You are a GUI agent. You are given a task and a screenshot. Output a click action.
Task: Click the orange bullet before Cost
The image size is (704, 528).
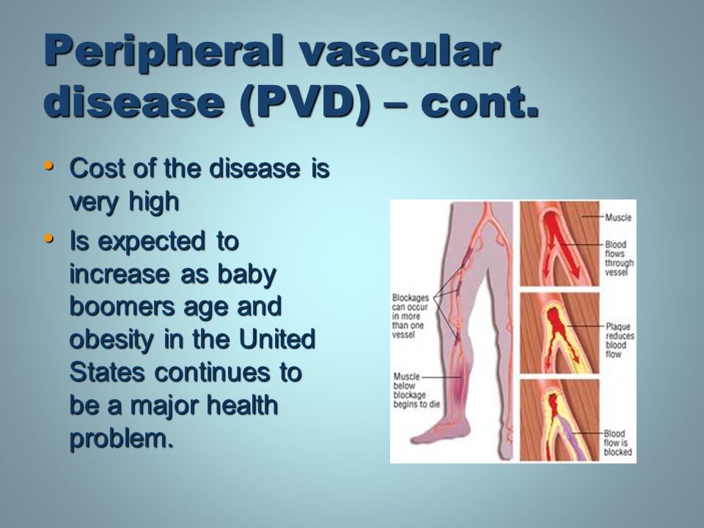[49, 166]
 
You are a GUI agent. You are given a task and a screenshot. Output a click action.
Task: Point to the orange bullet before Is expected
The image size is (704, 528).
[49, 238]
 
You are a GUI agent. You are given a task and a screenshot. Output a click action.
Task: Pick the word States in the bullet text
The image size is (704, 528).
[108, 373]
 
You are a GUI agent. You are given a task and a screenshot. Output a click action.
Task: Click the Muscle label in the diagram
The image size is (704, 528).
[617, 218]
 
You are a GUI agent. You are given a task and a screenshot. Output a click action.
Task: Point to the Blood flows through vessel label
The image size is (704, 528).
[619, 258]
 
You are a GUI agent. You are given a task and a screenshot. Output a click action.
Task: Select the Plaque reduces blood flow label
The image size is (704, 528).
[620, 340]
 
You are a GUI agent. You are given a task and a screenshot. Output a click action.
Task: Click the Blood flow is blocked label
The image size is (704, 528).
[617, 443]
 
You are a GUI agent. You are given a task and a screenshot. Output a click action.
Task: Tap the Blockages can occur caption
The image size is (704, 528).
[411, 316]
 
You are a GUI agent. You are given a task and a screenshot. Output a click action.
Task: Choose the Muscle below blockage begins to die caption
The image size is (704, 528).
[417, 390]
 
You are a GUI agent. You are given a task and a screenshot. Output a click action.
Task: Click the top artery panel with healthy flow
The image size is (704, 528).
[560, 243]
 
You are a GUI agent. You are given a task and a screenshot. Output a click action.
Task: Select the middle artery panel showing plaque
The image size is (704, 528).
[560, 333]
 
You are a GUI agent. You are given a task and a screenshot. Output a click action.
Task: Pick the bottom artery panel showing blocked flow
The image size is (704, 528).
[560, 419]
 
